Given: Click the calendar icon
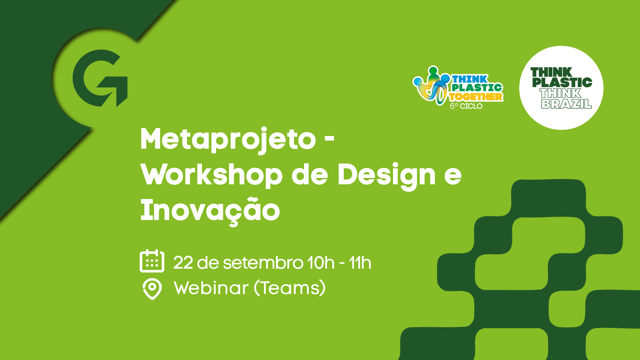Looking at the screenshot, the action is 152,261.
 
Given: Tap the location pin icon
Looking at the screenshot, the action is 152,289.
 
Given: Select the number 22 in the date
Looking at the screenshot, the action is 183,263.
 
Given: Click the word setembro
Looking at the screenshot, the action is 263,263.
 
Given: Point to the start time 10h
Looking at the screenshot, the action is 321,263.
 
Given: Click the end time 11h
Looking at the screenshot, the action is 360,263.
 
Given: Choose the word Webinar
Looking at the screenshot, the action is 211,288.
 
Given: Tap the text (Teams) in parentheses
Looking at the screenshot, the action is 290,288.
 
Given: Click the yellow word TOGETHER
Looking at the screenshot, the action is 476,97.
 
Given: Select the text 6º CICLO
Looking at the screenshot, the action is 466,106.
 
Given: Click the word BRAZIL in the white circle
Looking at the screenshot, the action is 566,104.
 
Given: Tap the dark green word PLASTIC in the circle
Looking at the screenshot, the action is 562,82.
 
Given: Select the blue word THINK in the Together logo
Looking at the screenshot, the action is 470,79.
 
